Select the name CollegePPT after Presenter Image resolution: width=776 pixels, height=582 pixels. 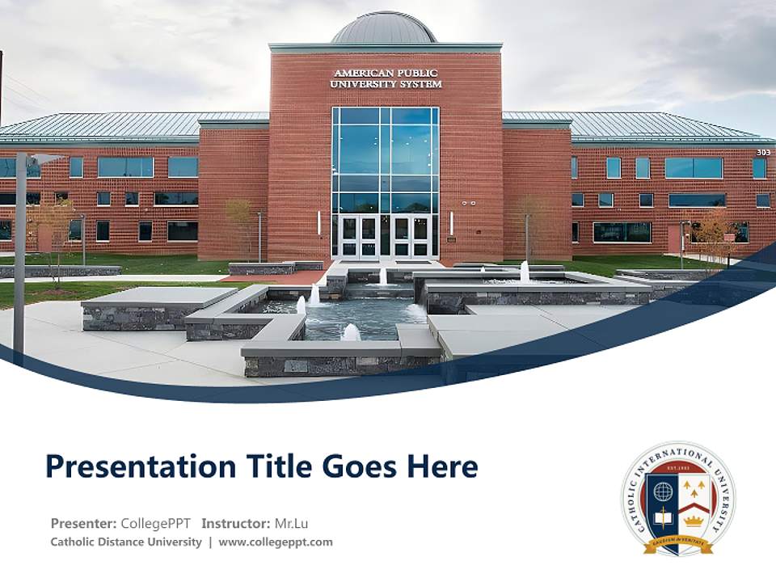pos(156,523)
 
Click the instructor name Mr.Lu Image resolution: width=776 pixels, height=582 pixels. pos(292,523)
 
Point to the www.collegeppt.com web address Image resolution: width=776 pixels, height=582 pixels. pos(276,542)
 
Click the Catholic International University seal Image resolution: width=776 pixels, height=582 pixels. pos(678,498)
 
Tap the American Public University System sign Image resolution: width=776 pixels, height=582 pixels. pos(387,78)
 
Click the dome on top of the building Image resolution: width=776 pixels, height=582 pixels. pos(384,28)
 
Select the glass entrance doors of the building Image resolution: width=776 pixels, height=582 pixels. pos(384,236)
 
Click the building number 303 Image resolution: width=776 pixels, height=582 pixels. pos(763,152)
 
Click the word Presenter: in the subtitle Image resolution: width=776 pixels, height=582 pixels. pos(83,523)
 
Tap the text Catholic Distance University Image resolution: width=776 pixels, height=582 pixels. pos(126,542)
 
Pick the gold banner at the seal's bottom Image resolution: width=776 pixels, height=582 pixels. pos(678,543)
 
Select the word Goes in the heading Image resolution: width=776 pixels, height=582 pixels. pos(360,467)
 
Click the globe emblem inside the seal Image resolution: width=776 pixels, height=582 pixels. pos(663,491)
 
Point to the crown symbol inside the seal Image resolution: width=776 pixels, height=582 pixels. pos(694,520)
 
